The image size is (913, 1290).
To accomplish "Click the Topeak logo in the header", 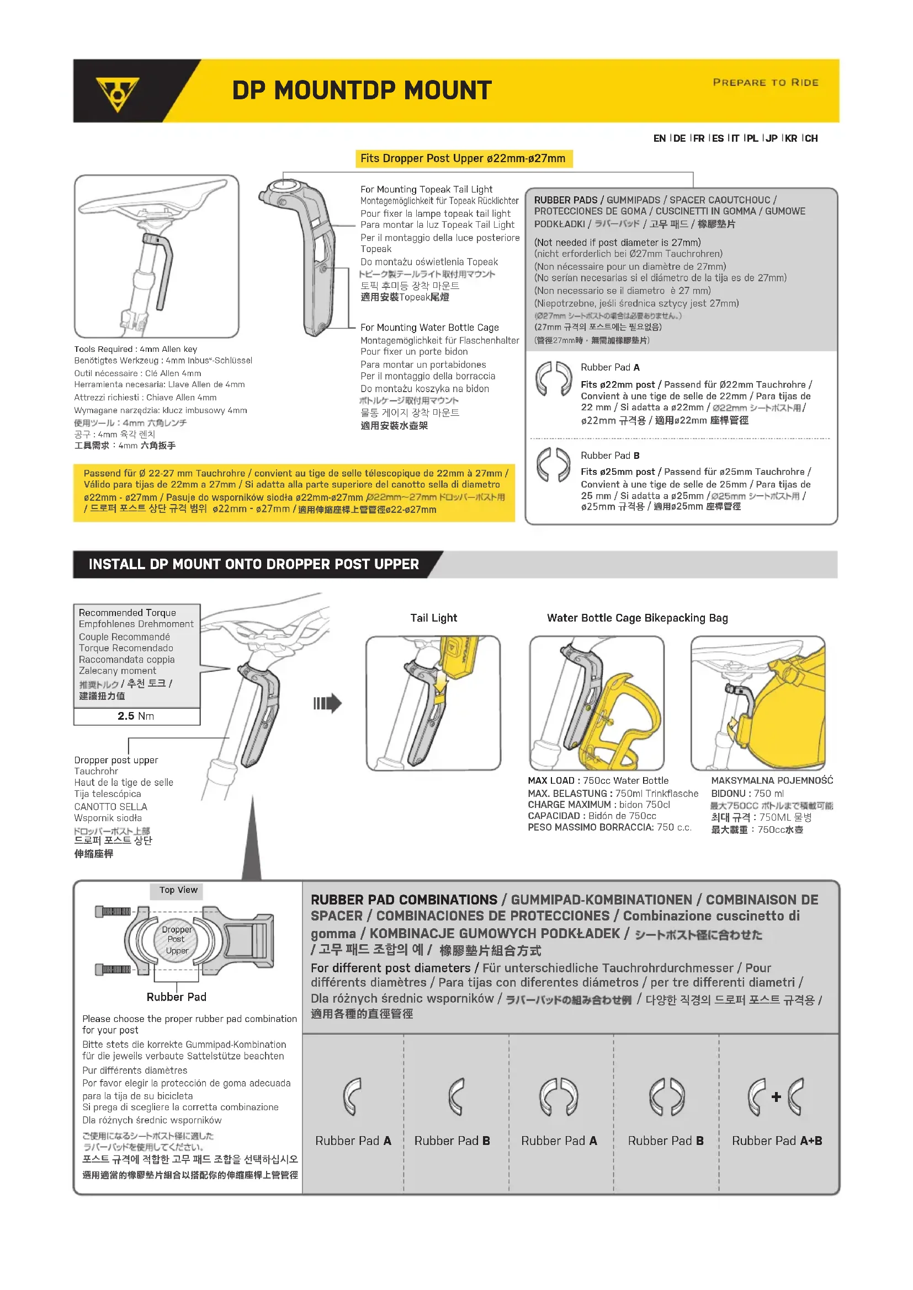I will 117,93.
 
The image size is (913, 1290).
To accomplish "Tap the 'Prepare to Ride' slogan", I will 765,83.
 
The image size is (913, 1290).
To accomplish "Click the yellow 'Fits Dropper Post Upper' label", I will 463,158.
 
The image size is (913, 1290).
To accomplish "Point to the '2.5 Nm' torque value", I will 136,716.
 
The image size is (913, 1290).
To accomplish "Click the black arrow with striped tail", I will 328,703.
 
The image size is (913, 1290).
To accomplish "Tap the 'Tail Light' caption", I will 433,618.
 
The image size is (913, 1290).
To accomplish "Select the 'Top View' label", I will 178,890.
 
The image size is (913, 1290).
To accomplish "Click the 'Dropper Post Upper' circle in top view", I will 176,939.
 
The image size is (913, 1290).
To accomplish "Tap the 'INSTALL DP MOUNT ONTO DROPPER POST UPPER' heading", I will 253,564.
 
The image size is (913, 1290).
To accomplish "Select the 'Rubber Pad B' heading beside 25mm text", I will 610,456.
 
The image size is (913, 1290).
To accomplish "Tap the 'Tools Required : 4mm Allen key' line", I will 135,349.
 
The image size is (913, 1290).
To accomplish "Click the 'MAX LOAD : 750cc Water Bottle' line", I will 598,780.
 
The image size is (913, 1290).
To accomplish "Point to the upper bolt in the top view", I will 114,911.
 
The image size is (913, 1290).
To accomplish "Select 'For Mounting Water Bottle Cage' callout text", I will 429,328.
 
